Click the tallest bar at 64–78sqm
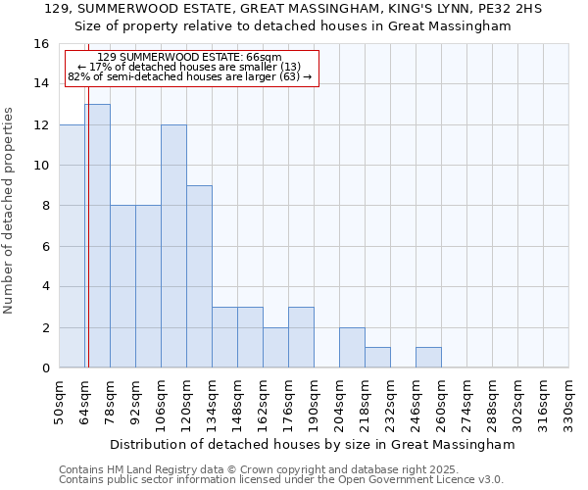point(97,235)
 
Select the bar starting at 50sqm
point(72,246)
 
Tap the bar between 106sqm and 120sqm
point(173,246)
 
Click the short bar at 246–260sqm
point(428,358)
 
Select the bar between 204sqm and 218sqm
point(352,348)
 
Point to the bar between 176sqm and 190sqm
point(301,337)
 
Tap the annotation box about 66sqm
point(192,68)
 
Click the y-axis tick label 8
point(44,206)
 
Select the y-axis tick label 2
point(44,327)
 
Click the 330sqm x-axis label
point(569,402)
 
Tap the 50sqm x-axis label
point(60,402)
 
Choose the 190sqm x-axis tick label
point(315,402)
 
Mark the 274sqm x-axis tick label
point(467,402)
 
